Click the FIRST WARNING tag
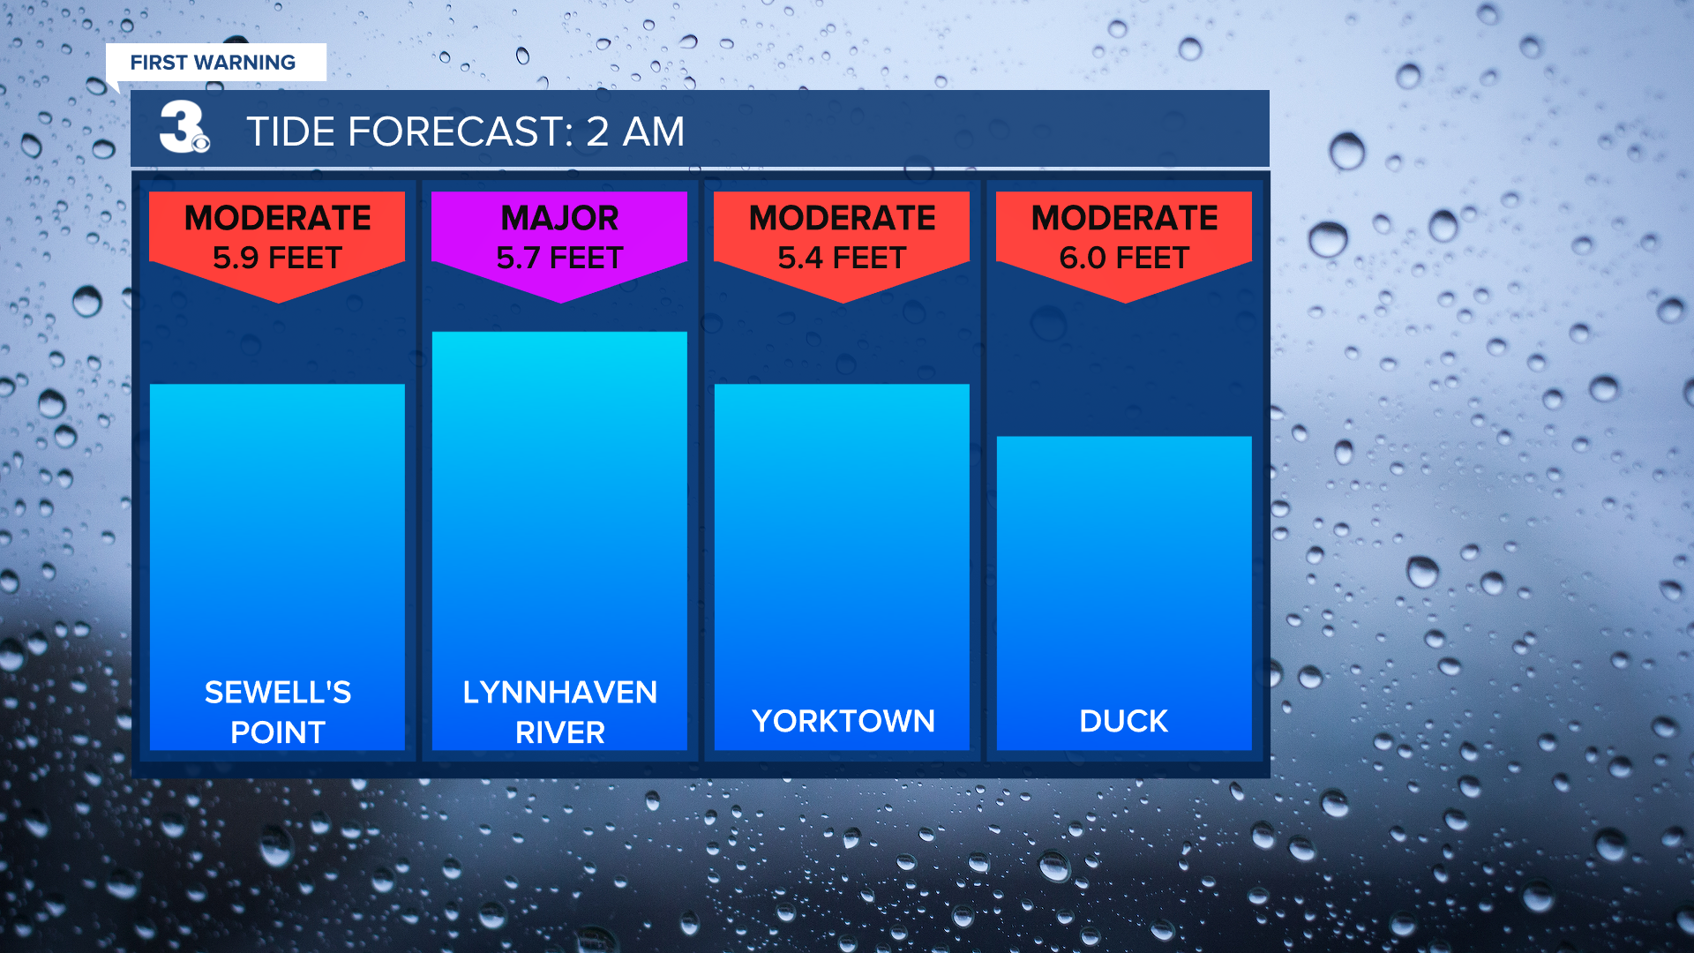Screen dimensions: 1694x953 point(215,63)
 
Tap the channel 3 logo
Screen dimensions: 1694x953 point(184,127)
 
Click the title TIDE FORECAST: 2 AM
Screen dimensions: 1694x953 point(465,131)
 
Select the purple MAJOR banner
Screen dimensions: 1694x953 point(559,244)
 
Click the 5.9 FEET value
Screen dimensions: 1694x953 point(277,258)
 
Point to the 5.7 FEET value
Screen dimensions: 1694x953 point(559,258)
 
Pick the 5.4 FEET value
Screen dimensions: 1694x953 point(842,258)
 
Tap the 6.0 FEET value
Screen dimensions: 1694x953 point(1124,258)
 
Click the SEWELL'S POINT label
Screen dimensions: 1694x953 point(278,712)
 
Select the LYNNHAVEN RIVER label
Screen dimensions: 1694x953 point(560,712)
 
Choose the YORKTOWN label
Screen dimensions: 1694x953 point(843,721)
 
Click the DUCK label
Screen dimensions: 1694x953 point(1124,721)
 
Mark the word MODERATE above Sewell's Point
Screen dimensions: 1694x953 point(278,218)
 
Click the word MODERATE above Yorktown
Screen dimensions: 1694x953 point(843,218)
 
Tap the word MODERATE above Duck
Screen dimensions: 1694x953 point(1125,218)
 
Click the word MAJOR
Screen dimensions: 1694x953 point(559,218)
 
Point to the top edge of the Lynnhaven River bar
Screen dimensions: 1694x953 point(559,333)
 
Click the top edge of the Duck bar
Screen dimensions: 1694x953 point(1124,437)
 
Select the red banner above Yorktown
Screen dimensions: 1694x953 point(842,244)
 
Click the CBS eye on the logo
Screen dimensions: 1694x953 point(201,143)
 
